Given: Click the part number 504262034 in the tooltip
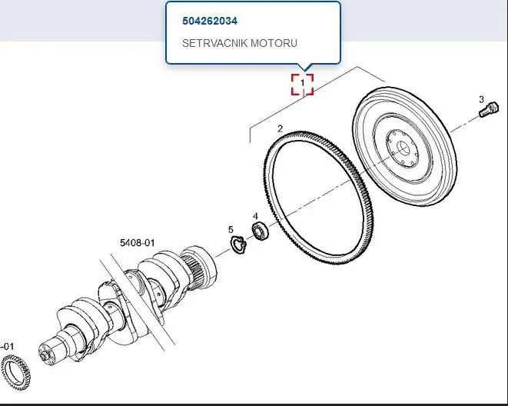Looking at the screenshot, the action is click(210, 21).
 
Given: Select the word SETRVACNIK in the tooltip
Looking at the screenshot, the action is click(214, 43).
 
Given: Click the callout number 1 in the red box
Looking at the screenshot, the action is click(303, 83).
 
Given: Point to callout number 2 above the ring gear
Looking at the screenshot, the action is click(281, 129).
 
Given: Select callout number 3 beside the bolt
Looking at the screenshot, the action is click(481, 99).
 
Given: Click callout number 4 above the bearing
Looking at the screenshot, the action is click(255, 216).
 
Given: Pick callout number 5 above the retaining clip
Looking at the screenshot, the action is click(231, 230).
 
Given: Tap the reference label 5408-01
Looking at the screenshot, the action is click(138, 243).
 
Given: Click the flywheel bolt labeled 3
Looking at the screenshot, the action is click(489, 109).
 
